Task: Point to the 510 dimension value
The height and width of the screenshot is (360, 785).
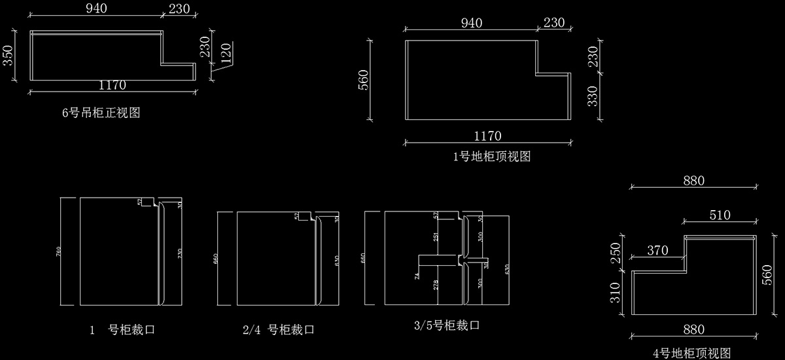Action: coord(718,215)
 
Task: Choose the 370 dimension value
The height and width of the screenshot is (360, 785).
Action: coord(657,250)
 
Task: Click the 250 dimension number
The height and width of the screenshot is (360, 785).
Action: coord(614,253)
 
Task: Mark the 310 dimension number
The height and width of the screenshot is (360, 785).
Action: coord(614,293)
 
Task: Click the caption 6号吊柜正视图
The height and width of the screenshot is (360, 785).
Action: coord(101,113)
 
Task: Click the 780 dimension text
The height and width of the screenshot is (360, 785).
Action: coord(58,251)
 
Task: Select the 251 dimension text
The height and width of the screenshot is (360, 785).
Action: coord(435,236)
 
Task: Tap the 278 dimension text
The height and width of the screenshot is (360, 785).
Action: coord(435,285)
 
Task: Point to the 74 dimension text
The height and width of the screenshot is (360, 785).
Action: coord(416,277)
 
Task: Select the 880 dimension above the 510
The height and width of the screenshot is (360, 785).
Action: coord(693,181)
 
